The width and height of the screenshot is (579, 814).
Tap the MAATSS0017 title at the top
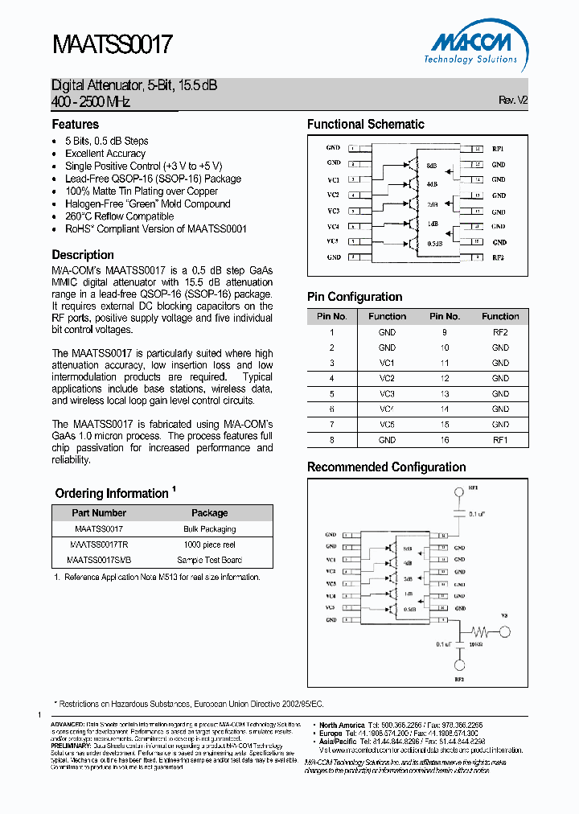tap(112, 44)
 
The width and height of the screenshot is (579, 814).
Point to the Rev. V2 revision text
tap(513, 101)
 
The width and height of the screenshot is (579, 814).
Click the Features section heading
tap(76, 125)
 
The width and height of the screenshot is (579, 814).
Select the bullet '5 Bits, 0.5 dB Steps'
tap(106, 141)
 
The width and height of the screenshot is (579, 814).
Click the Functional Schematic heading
tap(365, 125)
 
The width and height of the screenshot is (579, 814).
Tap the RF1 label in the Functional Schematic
tap(499, 149)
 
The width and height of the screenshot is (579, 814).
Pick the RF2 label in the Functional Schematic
tap(499, 257)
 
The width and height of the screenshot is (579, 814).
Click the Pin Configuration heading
tap(355, 297)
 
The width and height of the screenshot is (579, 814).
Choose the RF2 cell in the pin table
tap(500, 332)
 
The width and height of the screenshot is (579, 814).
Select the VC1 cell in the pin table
tap(387, 363)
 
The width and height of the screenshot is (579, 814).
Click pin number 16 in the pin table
tap(444, 440)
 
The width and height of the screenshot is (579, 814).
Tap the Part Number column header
tap(99, 513)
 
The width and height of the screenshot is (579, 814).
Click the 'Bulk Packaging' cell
tap(209, 529)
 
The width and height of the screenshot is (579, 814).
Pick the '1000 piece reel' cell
tap(209, 545)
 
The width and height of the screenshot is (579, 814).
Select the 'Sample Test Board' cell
tap(209, 560)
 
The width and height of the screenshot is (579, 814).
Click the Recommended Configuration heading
tap(386, 467)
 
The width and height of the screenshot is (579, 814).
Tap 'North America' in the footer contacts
tap(342, 725)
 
